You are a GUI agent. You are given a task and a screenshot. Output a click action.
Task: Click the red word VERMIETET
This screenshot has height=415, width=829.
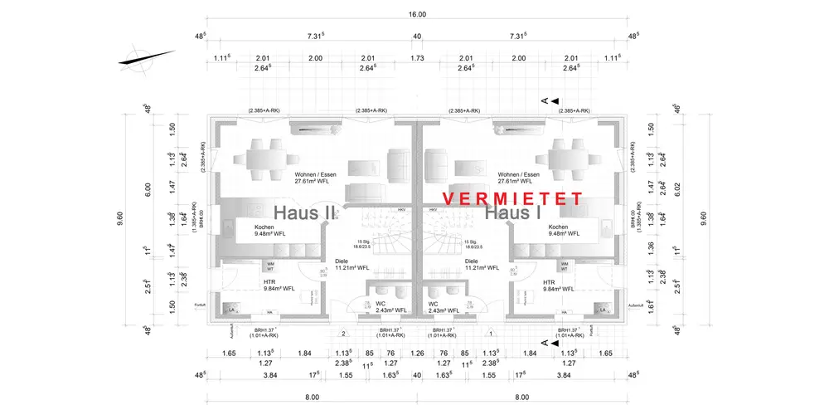pos(512,199)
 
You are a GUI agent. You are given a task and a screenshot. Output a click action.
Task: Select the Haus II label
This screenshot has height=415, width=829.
pos(304,212)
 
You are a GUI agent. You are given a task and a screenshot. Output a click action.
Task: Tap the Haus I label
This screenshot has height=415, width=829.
pos(514,213)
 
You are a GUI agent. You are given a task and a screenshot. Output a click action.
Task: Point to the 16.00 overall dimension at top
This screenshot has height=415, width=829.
pos(417,14)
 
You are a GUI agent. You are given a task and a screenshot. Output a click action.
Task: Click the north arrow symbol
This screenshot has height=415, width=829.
pos(148,57)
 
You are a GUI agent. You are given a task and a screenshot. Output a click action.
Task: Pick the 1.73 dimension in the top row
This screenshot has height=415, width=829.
pos(417,58)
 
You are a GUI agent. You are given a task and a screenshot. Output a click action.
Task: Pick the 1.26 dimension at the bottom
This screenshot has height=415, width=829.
pos(417,354)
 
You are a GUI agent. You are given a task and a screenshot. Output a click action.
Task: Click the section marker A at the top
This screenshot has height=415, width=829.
pos(545,100)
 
